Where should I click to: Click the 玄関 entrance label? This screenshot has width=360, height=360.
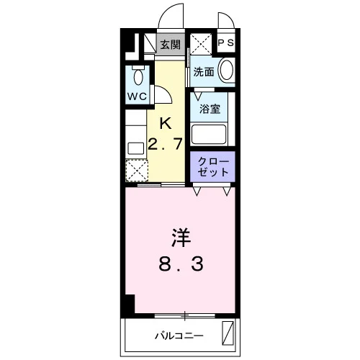171,45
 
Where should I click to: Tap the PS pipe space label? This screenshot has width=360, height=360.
226,42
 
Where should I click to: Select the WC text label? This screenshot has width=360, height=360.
137,96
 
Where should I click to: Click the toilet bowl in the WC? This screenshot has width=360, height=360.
138,77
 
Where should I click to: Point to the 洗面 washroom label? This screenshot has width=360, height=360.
204,71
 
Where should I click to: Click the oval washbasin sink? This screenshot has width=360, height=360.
227,70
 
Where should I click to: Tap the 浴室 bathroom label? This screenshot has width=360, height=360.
210,109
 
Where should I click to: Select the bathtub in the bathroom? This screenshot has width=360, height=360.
209,134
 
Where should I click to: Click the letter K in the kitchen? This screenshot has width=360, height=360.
166,123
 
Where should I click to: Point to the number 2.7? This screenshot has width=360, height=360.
166,143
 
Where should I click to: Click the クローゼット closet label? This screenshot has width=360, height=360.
212,167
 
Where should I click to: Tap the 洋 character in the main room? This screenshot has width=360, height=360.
181,238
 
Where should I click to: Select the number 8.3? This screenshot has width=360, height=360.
181,264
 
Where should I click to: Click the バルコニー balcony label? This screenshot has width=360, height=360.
179,336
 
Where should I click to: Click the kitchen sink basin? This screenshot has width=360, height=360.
136,148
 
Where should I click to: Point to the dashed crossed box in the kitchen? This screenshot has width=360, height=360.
137,171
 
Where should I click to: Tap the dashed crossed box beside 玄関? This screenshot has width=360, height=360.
201,44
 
